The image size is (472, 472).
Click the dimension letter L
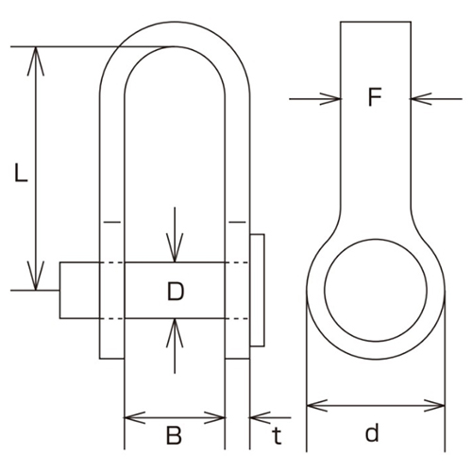point(20,173)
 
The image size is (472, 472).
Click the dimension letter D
point(175,292)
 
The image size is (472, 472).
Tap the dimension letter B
point(174,435)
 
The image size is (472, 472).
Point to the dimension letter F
point(375,98)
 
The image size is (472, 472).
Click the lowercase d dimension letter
point(372,433)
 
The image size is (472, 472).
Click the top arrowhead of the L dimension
point(36,56)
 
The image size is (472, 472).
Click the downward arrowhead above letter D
point(175,252)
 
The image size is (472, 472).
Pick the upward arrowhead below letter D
point(175,329)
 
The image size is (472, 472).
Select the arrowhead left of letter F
point(329,96)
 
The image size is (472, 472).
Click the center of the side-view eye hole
point(376,289)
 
